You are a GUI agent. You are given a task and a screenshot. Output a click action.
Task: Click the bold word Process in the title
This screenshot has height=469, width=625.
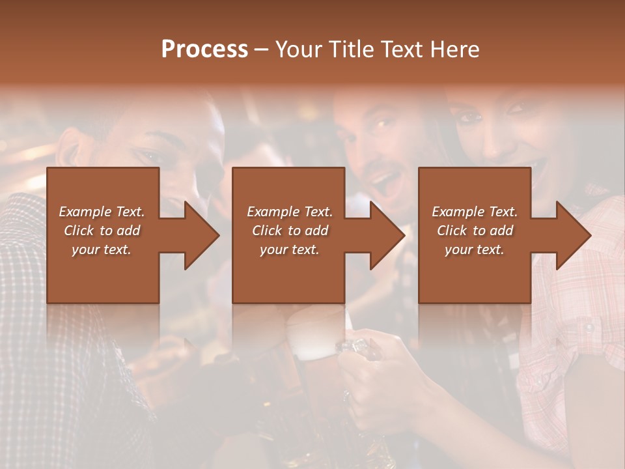[x=204, y=50]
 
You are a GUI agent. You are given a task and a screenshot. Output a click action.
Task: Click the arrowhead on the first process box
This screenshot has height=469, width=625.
[x=202, y=235]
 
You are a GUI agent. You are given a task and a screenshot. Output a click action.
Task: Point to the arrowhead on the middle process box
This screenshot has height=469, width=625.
[x=387, y=235]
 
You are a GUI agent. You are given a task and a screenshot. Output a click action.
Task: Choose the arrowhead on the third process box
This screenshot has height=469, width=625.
[x=573, y=235]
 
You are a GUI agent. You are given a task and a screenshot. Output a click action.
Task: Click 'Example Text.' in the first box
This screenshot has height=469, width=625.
[x=102, y=212]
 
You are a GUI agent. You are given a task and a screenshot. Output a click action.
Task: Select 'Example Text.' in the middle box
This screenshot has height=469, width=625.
[x=290, y=212]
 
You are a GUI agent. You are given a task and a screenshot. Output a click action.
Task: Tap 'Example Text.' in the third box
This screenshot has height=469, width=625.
[x=475, y=212]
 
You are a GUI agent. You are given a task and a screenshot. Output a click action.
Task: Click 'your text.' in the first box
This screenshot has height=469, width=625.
[x=102, y=249]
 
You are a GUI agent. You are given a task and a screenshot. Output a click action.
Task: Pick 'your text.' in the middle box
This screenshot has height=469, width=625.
[x=290, y=249]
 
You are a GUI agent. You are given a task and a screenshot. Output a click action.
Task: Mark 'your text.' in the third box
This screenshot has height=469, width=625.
[x=475, y=249]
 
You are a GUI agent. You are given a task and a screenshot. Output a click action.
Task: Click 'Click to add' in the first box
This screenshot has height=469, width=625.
[x=102, y=231]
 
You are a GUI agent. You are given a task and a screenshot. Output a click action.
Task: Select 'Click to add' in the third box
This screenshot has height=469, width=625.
[x=475, y=231]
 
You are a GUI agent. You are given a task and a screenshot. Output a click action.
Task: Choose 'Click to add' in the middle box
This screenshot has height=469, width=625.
[x=290, y=231]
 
